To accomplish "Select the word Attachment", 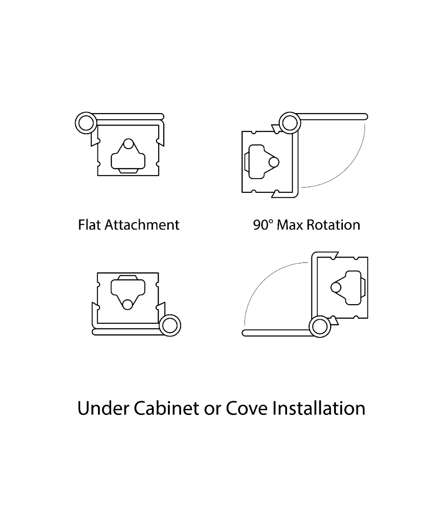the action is coord(142,225).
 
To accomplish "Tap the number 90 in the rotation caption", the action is coord(260,225).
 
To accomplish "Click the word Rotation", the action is coord(333,225).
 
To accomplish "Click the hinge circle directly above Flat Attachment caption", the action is coord(86,123).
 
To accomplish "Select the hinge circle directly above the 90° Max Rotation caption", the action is coord(290,123).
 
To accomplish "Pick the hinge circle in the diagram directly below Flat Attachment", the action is coord(170,325).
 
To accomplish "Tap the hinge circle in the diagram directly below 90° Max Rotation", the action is coord(320,326).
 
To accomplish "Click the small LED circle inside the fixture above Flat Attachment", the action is coord(128,144).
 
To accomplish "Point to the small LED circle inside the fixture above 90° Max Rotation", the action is coord(274,162).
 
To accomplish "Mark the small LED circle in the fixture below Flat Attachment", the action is coord(128,305).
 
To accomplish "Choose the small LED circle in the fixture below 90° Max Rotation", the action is coord(336,287).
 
